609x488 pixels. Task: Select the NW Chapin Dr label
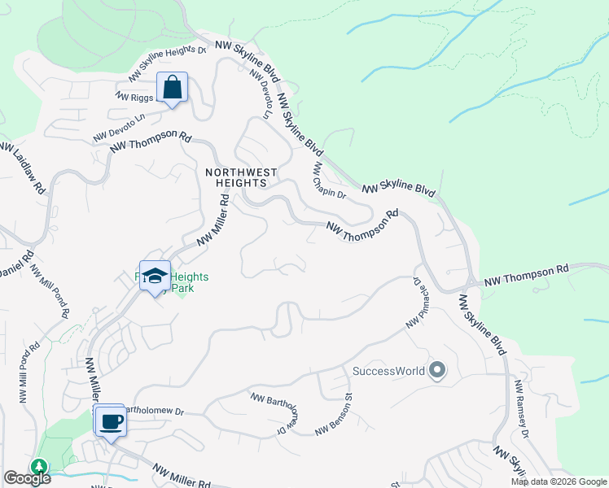pos(330,181)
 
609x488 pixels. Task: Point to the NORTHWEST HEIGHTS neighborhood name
pos(241,178)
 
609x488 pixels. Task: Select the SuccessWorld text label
pos(389,372)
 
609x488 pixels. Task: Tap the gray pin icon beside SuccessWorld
pos(437,371)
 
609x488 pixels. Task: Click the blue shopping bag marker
pos(173,88)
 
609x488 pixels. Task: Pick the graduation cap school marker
pos(155,277)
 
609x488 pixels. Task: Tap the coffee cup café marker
pos(110,421)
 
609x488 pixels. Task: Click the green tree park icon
pos(37,466)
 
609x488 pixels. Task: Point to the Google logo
pos(26,478)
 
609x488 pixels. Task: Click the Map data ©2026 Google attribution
pos(559,481)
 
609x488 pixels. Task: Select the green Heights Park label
pos(188,283)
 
